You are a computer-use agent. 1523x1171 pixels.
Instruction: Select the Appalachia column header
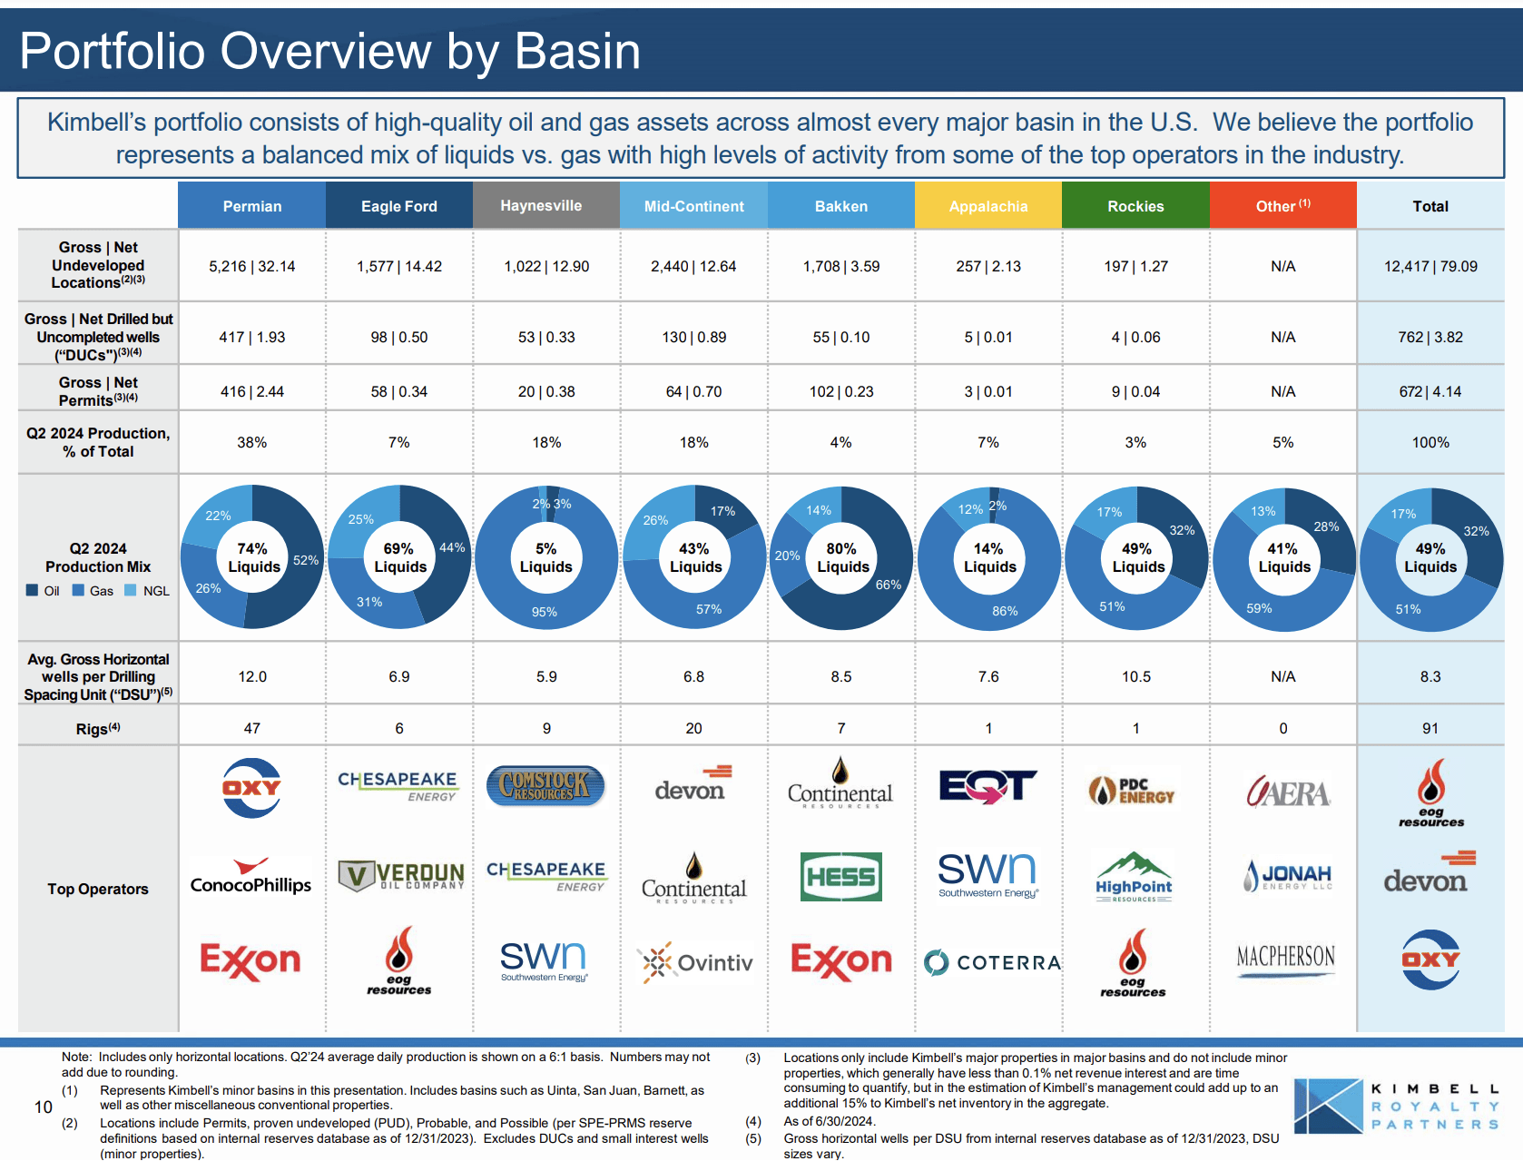tap(987, 206)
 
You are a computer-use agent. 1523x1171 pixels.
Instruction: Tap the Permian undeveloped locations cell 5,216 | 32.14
tap(252, 266)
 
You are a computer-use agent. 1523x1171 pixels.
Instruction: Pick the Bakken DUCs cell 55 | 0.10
tap(840, 337)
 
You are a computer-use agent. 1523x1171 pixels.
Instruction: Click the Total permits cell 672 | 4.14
tap(1430, 391)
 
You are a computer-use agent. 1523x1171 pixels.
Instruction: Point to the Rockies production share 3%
tap(1135, 442)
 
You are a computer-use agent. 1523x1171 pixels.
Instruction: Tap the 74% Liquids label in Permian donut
tap(253, 557)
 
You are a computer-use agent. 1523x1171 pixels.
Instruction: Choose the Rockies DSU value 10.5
tap(1135, 676)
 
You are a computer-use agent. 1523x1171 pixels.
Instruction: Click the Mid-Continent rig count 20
tap(693, 728)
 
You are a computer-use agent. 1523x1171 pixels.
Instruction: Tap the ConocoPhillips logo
tap(251, 878)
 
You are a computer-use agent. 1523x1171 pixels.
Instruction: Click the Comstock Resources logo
tap(545, 786)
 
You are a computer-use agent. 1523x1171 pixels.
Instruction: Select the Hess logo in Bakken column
tap(840, 877)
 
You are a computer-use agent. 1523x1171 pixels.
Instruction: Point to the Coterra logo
tap(991, 962)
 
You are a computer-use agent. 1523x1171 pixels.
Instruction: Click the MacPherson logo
tap(1285, 959)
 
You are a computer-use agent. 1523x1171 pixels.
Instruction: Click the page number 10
tap(43, 1107)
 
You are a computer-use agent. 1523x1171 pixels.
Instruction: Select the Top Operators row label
tap(98, 889)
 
